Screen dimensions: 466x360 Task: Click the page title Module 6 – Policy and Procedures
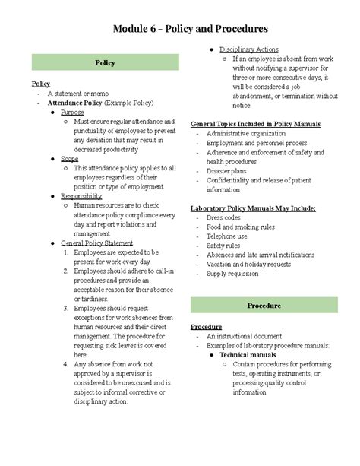point(180,29)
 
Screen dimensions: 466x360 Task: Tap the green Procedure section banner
point(264,305)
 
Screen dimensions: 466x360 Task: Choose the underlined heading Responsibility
point(81,195)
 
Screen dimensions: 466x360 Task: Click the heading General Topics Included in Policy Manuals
point(254,122)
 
